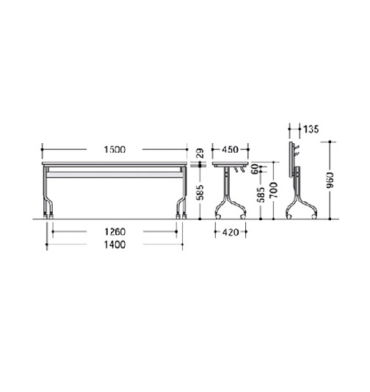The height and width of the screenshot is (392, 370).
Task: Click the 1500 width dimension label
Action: (115, 150)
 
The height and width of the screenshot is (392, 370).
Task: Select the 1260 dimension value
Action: (115, 232)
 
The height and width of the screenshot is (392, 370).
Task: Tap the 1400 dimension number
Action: (115, 244)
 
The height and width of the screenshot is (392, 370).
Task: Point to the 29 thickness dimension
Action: (200, 153)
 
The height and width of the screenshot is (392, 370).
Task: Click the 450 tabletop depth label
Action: (231, 150)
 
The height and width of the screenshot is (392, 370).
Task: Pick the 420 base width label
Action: (231, 232)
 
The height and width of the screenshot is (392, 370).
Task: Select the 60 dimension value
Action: (255, 170)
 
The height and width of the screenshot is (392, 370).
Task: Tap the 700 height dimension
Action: (274, 190)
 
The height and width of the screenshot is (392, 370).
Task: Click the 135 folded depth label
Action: (311, 129)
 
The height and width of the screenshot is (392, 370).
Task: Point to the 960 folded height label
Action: (330, 180)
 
